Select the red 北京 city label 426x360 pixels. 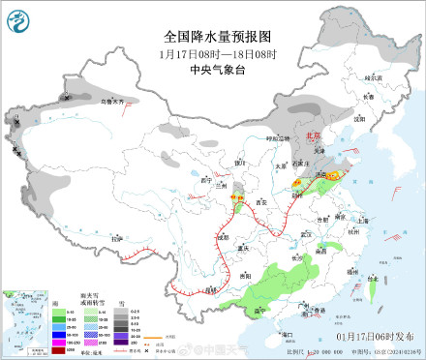tap(312, 137)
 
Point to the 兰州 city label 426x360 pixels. tap(221, 184)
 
